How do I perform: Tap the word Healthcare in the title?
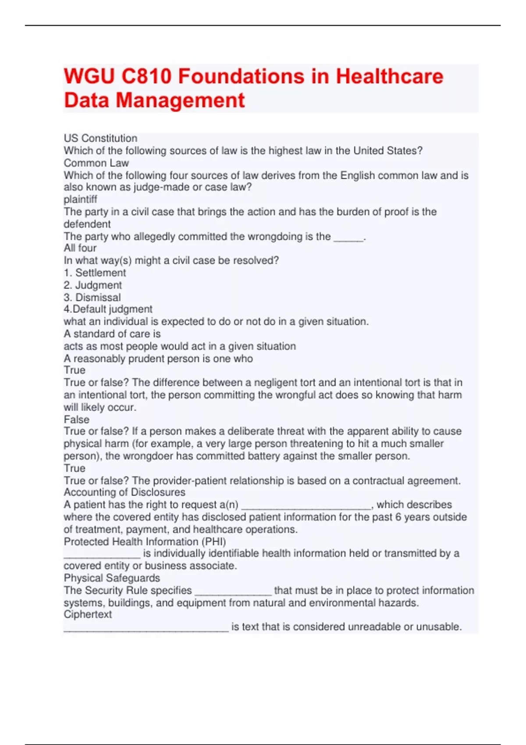(x=389, y=76)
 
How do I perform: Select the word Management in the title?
(x=180, y=100)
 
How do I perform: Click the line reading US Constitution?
(x=100, y=138)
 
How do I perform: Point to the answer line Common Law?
(x=96, y=163)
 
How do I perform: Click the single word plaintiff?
(x=80, y=199)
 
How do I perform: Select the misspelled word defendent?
(x=87, y=224)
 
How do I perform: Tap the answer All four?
(x=80, y=248)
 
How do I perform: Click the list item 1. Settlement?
(x=95, y=273)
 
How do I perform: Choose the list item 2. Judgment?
(x=92, y=285)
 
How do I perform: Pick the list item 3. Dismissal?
(x=92, y=297)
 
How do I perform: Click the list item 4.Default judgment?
(x=108, y=309)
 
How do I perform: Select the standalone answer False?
(x=76, y=419)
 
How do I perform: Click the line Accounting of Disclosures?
(x=124, y=492)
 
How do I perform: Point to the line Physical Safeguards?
(x=112, y=578)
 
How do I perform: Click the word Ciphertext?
(x=88, y=614)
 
